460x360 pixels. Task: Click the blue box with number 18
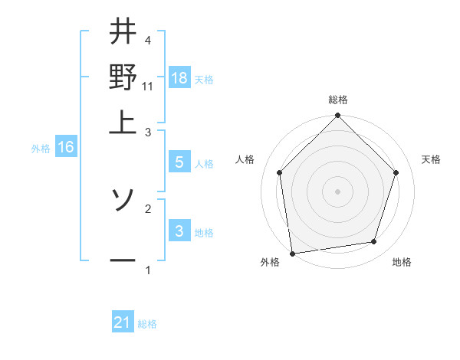(179, 78)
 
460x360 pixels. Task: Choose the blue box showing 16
(65, 147)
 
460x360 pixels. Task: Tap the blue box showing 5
(179, 162)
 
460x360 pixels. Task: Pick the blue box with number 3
(179, 231)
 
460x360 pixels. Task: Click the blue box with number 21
(123, 322)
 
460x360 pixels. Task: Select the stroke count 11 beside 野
(148, 87)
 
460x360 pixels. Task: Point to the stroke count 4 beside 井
(148, 40)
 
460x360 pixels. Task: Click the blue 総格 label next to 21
(147, 324)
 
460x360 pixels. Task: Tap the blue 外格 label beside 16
(41, 149)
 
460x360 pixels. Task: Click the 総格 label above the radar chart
(338, 100)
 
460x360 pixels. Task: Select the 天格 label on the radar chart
(432, 159)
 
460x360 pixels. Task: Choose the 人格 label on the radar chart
(245, 159)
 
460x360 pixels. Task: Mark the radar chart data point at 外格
(292, 253)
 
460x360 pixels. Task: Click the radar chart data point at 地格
(374, 242)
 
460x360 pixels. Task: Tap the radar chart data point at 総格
(337, 116)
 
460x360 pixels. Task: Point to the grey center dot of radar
(337, 191)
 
